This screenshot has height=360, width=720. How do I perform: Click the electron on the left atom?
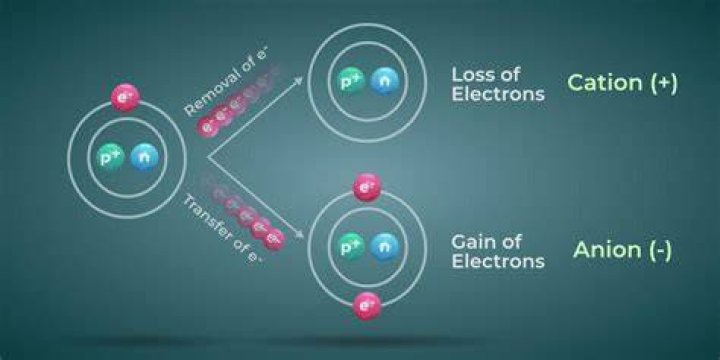125,97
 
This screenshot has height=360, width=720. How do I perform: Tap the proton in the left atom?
111,158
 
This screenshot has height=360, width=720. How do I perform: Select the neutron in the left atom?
145,158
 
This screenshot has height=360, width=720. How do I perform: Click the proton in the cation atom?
351,81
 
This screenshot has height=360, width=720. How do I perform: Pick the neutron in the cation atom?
385,81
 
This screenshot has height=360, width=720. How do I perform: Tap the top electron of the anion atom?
366,187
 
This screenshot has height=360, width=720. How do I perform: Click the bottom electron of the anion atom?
366,306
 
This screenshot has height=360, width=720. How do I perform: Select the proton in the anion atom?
351,247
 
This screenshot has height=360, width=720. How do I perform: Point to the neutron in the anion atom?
385,247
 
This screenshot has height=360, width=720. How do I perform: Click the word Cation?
605,83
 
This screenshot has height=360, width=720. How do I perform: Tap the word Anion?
604,250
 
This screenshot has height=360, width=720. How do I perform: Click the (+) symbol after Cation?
663,83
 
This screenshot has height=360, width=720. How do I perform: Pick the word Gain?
472,242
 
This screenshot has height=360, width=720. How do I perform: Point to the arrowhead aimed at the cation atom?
298,81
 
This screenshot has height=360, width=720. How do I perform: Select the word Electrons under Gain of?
498,261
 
